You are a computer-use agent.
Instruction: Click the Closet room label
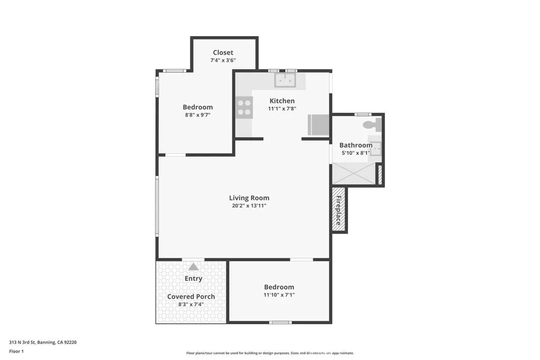(223, 52)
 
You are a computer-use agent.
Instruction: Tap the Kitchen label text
(282, 101)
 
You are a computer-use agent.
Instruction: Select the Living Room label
(249, 198)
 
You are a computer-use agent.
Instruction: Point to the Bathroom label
(355, 145)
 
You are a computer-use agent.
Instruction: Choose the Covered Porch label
(191, 296)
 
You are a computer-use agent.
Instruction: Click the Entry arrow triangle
(194, 267)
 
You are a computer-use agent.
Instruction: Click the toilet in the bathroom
(372, 125)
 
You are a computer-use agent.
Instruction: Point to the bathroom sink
(375, 149)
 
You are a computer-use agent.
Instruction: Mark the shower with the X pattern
(353, 173)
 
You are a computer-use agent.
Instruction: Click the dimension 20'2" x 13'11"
(249, 206)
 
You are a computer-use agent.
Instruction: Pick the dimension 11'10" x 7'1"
(279, 295)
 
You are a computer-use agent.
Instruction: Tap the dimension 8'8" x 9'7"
(198, 114)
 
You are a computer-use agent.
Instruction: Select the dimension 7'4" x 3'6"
(223, 60)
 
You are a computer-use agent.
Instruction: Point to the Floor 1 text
(17, 351)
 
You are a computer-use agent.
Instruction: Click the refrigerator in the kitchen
(319, 125)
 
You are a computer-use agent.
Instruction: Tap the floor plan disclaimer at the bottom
(269, 353)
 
